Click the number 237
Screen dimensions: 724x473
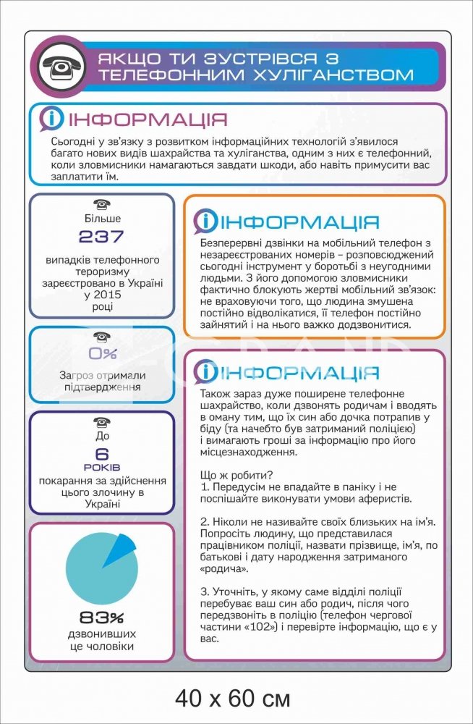pos(101,236)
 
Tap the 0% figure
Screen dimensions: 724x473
pos(102,354)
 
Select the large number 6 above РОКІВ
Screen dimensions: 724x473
pos(102,454)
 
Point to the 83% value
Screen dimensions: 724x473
pos(102,618)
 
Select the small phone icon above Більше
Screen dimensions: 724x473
pos(102,205)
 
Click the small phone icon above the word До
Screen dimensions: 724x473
pos(102,423)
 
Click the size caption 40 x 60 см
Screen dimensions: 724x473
pos(233,699)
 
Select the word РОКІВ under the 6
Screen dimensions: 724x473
pos(102,468)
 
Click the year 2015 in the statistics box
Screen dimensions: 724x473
pos(102,295)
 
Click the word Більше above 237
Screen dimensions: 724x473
pos(102,219)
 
